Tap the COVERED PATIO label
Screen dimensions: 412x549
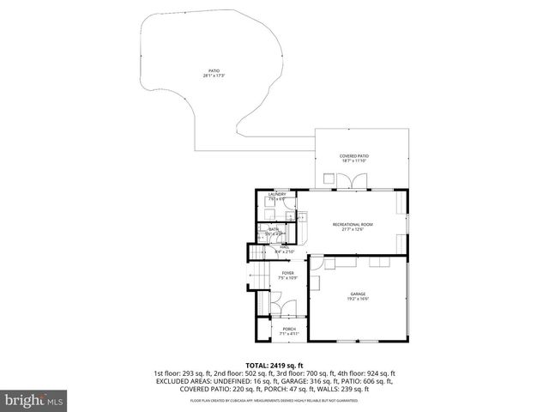click(353, 156)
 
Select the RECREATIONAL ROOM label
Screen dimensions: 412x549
click(353, 224)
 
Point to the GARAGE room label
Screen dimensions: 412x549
click(358, 294)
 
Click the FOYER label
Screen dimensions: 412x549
click(287, 273)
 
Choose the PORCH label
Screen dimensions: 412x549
click(287, 329)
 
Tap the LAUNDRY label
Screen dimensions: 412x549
click(276, 194)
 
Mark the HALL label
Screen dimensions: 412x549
click(283, 248)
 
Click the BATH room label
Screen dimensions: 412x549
click(274, 229)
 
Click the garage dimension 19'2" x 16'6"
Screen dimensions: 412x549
click(358, 299)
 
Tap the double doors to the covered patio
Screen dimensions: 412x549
click(352, 181)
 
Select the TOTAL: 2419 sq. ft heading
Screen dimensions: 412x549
click(274, 366)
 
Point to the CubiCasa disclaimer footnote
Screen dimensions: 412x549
click(274, 400)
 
